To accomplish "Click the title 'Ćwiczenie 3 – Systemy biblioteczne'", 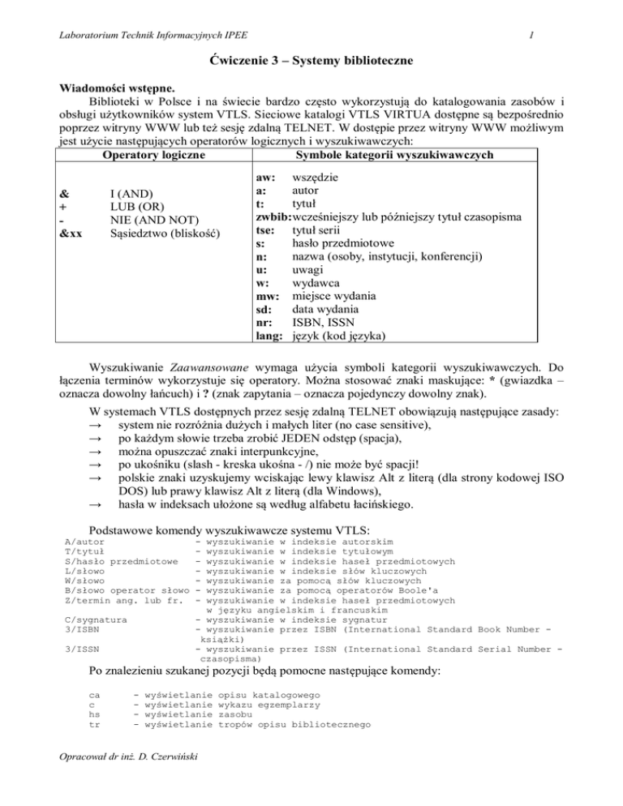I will [x=311, y=61].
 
